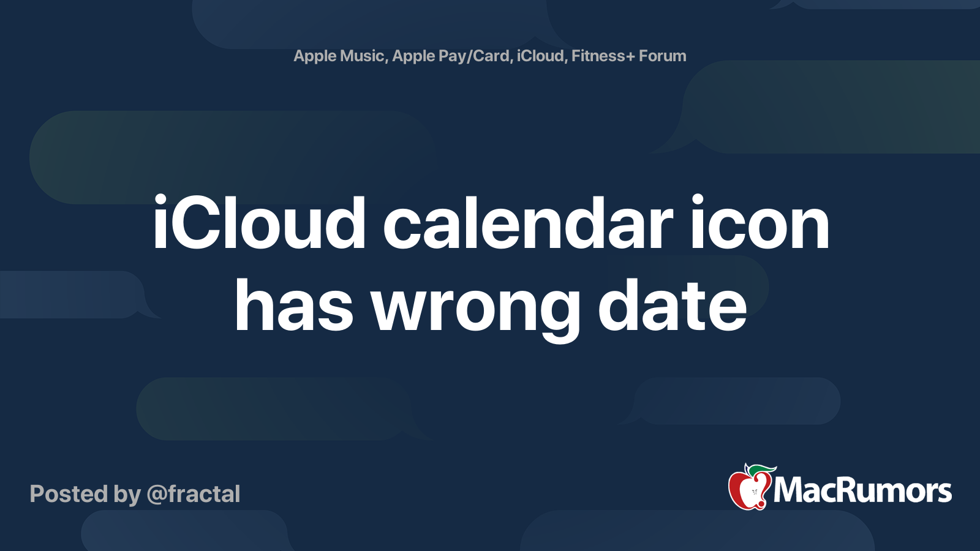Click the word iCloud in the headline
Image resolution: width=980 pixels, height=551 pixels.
pos(259,224)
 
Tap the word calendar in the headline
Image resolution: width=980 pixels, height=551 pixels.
pos(527,224)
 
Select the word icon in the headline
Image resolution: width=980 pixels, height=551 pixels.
pos(759,224)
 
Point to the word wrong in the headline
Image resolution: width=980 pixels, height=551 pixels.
pos(475,309)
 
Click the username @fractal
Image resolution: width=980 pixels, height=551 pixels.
pos(194,494)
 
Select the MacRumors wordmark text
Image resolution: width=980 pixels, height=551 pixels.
pos(862,490)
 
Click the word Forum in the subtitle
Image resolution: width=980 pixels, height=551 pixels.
pos(662,56)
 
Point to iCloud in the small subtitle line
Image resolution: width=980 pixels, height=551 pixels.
pos(540,56)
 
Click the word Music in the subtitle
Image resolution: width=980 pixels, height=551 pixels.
pos(362,56)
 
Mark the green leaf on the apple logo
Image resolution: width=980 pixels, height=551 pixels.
pos(762,470)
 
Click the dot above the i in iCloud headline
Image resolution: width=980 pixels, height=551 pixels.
pos(160,200)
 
